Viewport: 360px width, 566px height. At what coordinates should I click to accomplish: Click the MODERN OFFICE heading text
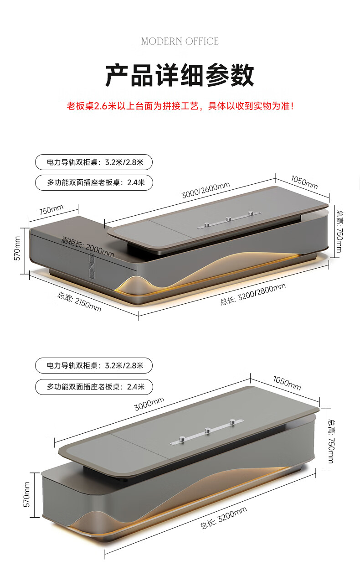(180, 42)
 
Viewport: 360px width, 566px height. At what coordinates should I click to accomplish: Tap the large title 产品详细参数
(180, 75)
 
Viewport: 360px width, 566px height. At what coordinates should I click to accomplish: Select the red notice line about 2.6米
(180, 106)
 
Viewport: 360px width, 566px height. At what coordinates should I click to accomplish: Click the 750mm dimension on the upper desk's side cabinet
(51, 210)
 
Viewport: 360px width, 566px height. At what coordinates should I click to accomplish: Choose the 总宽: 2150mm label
(79, 301)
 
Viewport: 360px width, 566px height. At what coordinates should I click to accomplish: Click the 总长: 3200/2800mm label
(253, 294)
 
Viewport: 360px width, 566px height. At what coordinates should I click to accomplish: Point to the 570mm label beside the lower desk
(26, 494)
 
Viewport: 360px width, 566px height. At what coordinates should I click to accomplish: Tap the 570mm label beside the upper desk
(17, 248)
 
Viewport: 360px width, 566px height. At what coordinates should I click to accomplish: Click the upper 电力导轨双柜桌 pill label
(93, 162)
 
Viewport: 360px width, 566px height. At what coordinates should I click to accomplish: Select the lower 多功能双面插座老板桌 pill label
(93, 387)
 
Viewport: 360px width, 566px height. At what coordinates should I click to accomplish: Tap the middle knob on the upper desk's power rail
(227, 219)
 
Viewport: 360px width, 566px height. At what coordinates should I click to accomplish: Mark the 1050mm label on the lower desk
(287, 382)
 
